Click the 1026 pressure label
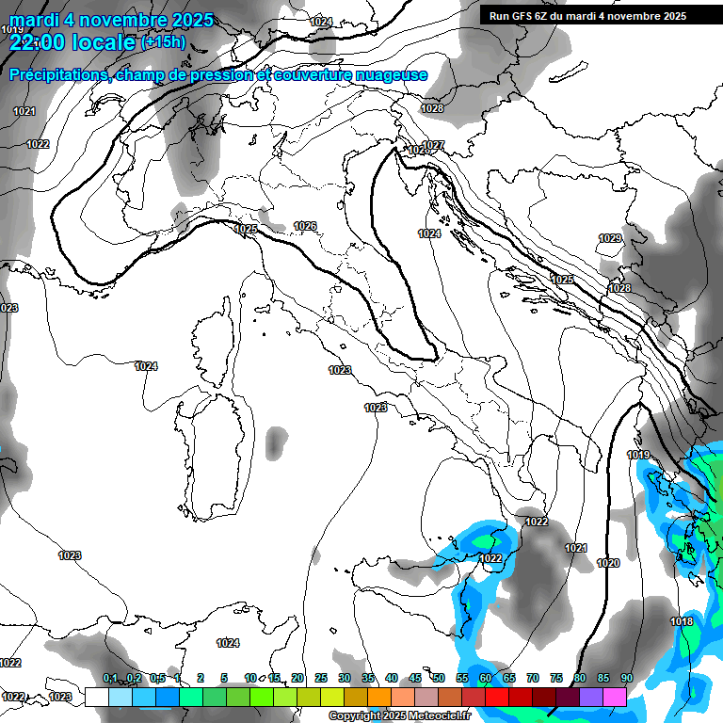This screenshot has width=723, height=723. pyautogui.click(x=304, y=226)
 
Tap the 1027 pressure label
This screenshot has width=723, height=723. pyautogui.click(x=433, y=145)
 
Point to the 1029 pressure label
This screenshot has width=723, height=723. pyautogui.click(x=610, y=239)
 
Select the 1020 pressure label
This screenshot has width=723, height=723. pyautogui.click(x=608, y=563)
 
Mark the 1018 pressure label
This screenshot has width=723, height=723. pyautogui.click(x=682, y=621)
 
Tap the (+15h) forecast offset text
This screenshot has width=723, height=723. pyautogui.click(x=163, y=42)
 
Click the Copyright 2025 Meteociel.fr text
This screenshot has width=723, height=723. pyautogui.click(x=399, y=716)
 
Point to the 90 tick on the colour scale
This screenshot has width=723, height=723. pyautogui.click(x=626, y=679)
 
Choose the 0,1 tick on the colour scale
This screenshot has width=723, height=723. pyautogui.click(x=109, y=679)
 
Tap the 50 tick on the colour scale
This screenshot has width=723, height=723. pyautogui.click(x=438, y=679)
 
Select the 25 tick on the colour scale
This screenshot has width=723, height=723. pyautogui.click(x=320, y=679)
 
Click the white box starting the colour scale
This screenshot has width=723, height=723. pyautogui.click(x=96, y=697)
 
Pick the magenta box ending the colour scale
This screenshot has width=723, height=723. pyautogui.click(x=615, y=697)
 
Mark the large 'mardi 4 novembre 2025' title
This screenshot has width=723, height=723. pyautogui.click(x=111, y=20)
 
